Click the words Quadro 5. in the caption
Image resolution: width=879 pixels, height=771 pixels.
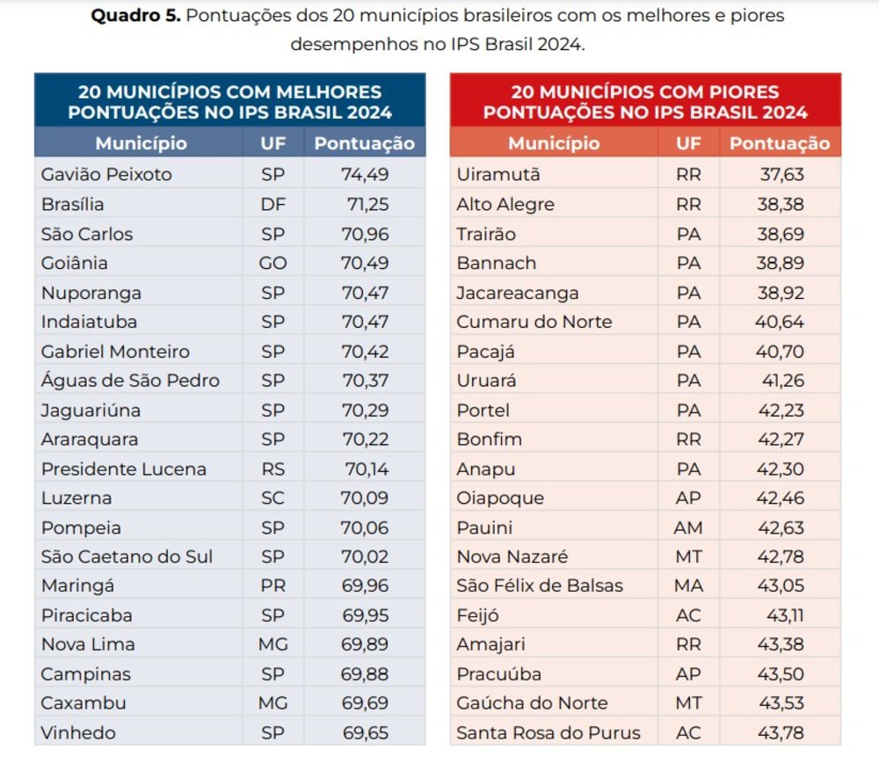(135, 15)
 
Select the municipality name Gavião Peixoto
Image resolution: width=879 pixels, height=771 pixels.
(106, 174)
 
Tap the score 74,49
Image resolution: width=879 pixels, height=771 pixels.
(365, 174)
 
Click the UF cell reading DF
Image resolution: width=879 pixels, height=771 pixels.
(273, 204)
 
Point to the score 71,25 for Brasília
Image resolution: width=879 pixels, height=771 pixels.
(367, 204)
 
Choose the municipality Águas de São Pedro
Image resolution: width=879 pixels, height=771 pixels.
(130, 380)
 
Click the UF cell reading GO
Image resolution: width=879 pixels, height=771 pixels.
(273, 263)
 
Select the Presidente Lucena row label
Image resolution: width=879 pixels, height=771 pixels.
(124, 469)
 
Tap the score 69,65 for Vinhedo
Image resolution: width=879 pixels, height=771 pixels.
(365, 733)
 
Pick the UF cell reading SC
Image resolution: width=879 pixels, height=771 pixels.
(273, 498)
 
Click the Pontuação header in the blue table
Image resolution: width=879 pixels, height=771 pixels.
(365, 143)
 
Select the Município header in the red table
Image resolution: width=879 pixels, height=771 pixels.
(554, 143)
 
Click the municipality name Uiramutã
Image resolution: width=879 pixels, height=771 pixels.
(498, 174)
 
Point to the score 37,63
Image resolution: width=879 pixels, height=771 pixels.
(782, 174)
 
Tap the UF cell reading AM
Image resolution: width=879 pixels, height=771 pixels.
(688, 527)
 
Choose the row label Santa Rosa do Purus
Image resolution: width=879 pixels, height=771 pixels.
(548, 733)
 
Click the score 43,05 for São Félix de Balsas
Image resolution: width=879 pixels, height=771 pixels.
(781, 586)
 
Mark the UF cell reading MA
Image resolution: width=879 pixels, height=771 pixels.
(688, 586)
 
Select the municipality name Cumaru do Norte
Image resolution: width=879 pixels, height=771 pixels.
(534, 322)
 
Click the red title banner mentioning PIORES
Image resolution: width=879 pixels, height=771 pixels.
(645, 100)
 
